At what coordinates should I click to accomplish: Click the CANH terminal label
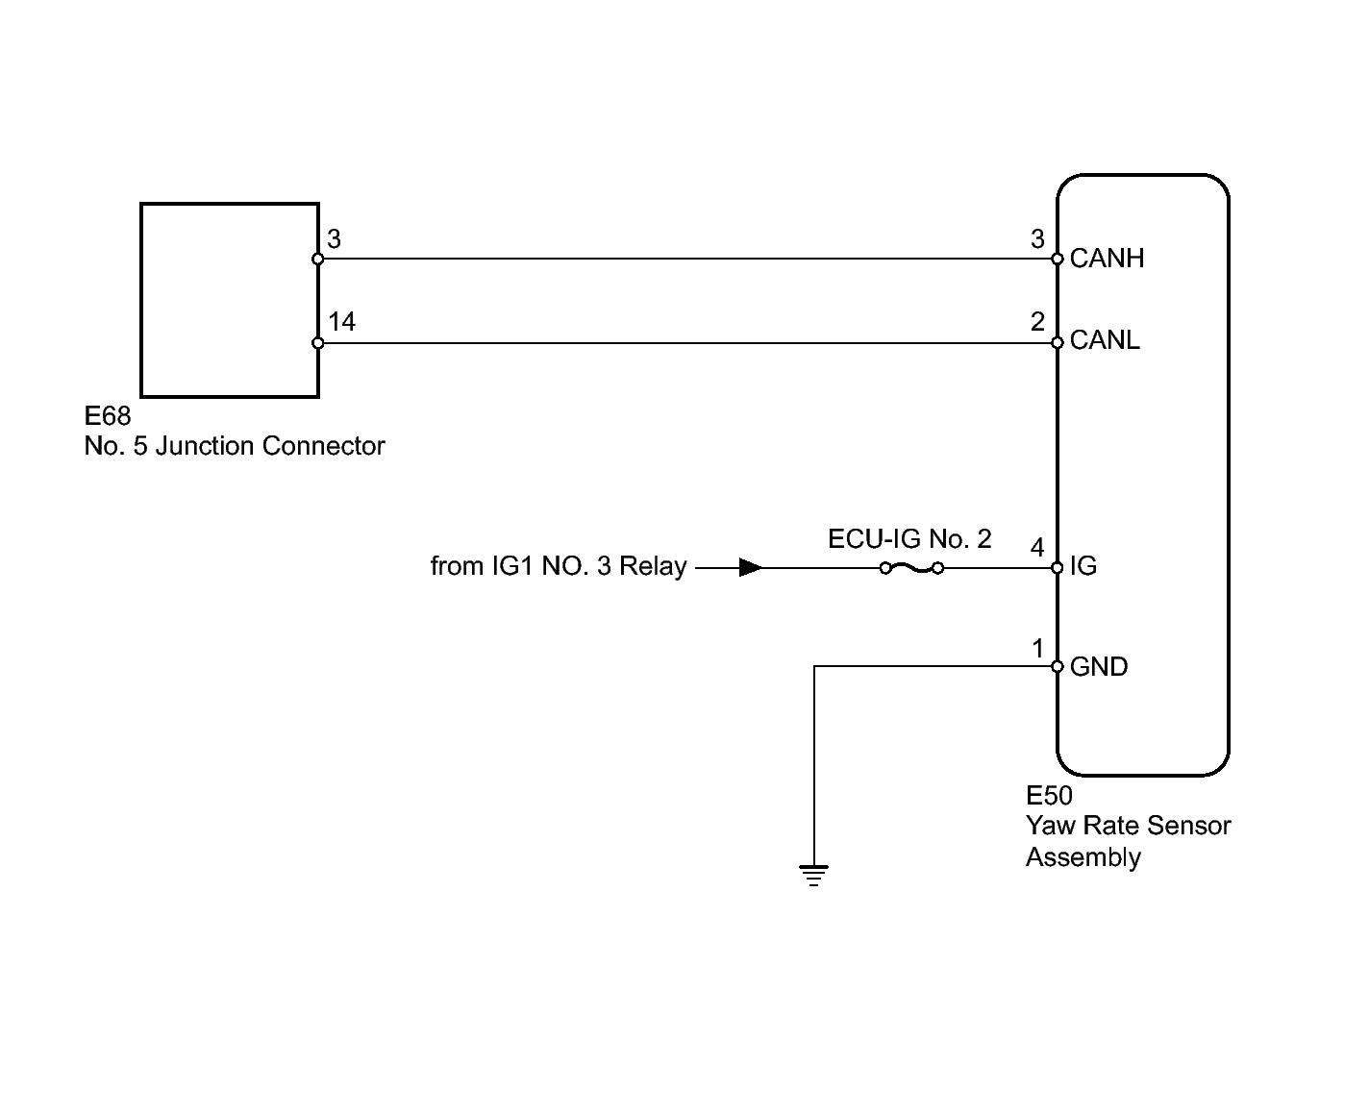click(1106, 259)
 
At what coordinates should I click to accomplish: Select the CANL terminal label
click(1104, 341)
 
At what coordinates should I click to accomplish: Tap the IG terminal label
click(1083, 567)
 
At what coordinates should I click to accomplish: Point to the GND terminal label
click(1098, 667)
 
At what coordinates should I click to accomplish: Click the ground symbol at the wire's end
click(813, 875)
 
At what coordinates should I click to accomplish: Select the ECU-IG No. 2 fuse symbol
click(910, 568)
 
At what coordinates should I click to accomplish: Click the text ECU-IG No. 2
click(909, 539)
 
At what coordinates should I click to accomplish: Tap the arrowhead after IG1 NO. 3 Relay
click(750, 568)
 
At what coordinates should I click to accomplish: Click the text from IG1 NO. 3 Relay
click(559, 566)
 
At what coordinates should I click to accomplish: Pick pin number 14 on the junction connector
click(341, 322)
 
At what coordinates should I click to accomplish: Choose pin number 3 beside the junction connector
click(334, 239)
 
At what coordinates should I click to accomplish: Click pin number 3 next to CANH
click(1037, 239)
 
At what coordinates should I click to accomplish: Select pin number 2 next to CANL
click(1037, 322)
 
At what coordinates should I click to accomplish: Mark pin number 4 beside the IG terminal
click(1037, 548)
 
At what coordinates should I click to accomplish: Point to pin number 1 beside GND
click(1037, 649)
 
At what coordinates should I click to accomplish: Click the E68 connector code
click(108, 417)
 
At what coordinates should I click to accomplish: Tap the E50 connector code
click(1049, 796)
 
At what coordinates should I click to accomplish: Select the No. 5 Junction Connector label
click(235, 447)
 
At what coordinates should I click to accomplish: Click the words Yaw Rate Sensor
click(1128, 826)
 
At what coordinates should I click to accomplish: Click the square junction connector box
click(229, 299)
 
